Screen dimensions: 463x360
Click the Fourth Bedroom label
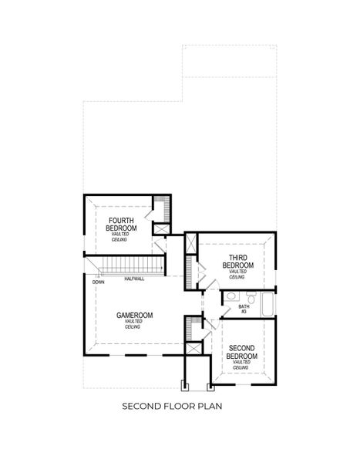click(x=121, y=225)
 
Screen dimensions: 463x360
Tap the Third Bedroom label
click(x=237, y=261)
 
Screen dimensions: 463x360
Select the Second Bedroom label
click(x=241, y=351)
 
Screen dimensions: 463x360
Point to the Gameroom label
click(x=134, y=315)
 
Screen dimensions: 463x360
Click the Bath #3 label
click(x=243, y=308)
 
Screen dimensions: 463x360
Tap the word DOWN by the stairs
click(x=99, y=282)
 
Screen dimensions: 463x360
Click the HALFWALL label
click(x=133, y=279)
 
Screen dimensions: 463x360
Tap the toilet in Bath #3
click(x=249, y=297)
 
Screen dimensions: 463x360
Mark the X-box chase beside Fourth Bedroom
click(x=162, y=228)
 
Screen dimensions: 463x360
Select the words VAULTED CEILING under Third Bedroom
click(x=237, y=274)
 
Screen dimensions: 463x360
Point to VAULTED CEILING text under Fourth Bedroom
click(x=121, y=237)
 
